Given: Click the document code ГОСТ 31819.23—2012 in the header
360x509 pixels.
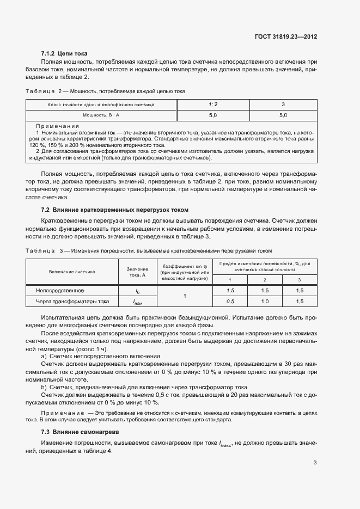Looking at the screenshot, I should click(286, 36).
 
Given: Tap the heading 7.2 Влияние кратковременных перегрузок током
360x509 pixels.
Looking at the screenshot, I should click(114, 210).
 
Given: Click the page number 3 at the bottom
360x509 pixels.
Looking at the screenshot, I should click(315, 463).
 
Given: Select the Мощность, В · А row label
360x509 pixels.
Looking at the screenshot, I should click(101, 115).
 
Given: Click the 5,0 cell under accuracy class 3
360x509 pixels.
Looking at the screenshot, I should click(283, 115).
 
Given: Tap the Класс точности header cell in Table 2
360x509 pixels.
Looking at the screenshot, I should click(101, 103).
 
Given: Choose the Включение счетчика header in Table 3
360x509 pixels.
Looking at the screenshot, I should click(72, 271).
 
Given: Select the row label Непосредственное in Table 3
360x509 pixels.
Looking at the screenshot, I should click(60, 290).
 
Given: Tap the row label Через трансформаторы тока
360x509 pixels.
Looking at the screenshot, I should click(72, 301).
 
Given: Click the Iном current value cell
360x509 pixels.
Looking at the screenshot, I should click(137, 302).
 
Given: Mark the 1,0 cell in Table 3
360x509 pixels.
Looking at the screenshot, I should click(265, 301).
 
